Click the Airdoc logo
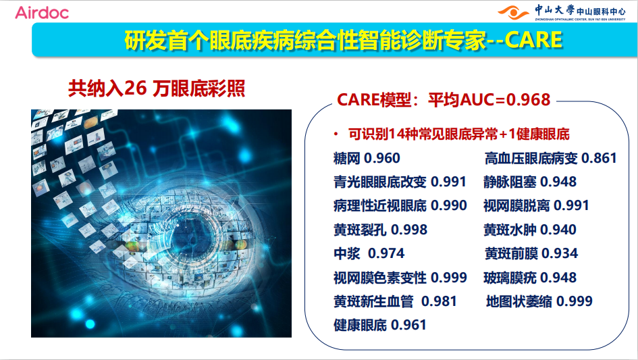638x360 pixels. (42, 13)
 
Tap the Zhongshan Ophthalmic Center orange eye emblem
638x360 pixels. (514, 13)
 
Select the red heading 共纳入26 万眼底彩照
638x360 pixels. (157, 88)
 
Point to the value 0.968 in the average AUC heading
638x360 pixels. (529, 100)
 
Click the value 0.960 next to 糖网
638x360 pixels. (382, 158)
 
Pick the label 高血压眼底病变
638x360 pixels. (531, 158)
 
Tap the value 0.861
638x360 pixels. (599, 158)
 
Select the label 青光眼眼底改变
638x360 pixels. (380, 182)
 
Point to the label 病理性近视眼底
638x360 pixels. (380, 205)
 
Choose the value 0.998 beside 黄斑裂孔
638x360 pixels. (409, 230)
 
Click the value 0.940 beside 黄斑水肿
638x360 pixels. (558, 230)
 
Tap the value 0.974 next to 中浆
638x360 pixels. (386, 253)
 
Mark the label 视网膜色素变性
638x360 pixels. (380, 278)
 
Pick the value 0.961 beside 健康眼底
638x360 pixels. (408, 325)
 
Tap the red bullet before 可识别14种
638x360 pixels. (336, 134)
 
